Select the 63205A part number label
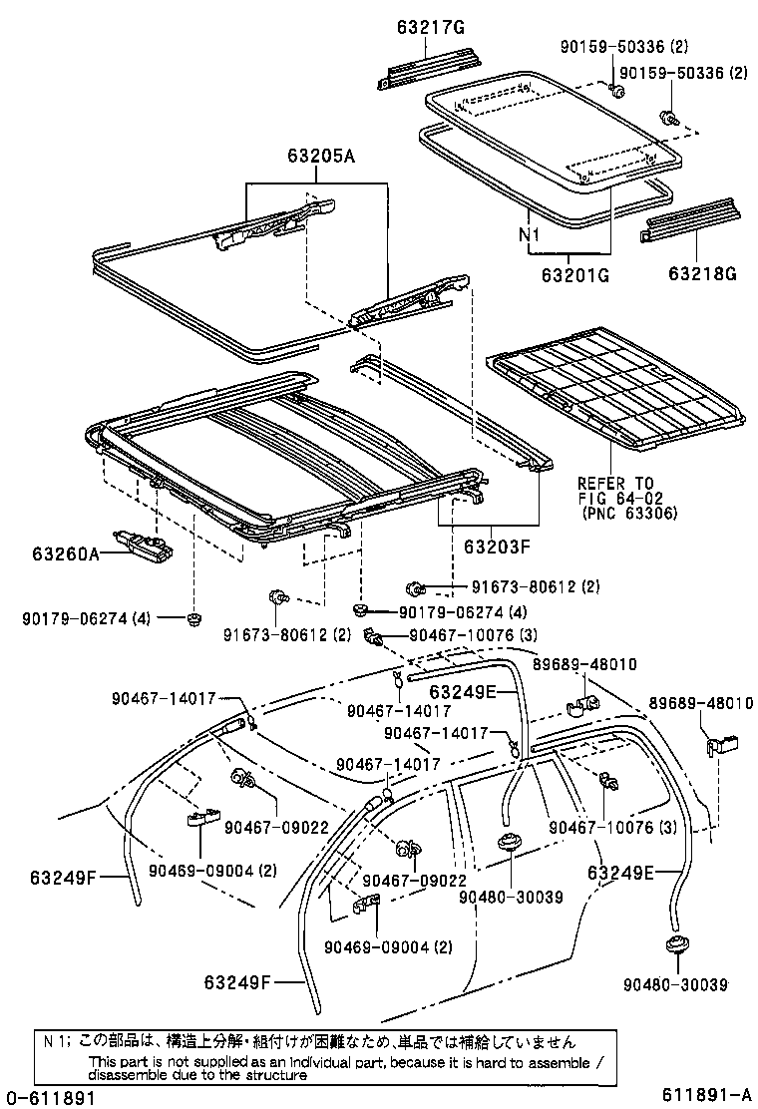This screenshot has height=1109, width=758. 321,156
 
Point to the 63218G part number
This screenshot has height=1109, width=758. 703,275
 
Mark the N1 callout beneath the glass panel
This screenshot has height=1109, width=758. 528,237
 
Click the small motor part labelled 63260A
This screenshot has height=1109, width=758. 145,545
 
